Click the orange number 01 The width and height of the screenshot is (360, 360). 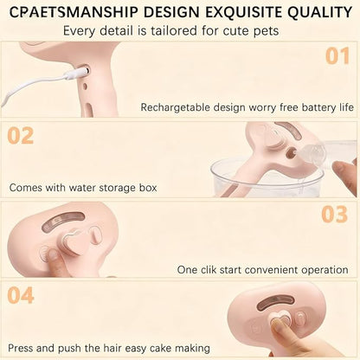337,56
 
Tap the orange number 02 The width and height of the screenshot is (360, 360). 21,135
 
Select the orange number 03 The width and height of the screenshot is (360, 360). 335,215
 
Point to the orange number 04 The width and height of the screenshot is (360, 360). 21,295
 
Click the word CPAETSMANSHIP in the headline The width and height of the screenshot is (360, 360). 74,12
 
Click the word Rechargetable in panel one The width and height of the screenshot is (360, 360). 175,107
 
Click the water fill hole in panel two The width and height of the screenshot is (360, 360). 292,151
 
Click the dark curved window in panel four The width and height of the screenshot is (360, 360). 275,301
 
